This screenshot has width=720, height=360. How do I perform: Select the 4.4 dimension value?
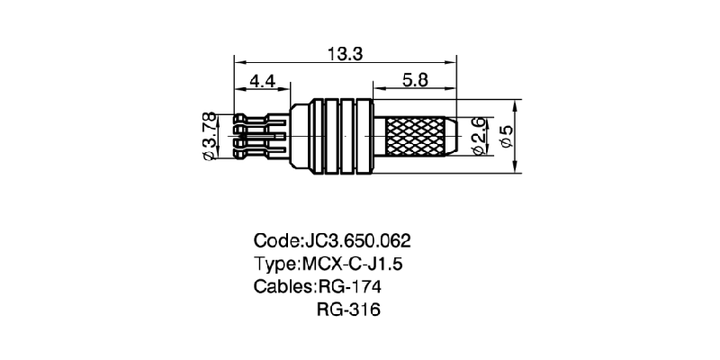point(262,81)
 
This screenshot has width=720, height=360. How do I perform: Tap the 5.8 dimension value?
point(415,81)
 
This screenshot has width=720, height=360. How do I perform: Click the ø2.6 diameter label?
point(479,135)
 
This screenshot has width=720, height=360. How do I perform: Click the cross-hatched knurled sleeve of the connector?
point(417,137)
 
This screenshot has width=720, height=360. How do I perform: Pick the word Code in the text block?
point(275,241)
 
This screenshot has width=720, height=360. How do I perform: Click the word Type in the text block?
point(275,265)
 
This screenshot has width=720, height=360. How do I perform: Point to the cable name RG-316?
point(349,311)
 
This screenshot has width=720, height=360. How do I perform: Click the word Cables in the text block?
point(283,288)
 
